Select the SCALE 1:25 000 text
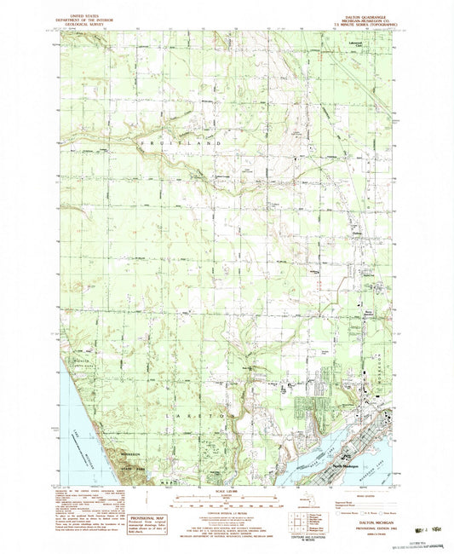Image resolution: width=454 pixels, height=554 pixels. [227, 494]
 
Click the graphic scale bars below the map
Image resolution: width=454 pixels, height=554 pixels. [227, 505]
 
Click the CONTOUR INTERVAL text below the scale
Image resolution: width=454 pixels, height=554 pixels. [227, 517]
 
